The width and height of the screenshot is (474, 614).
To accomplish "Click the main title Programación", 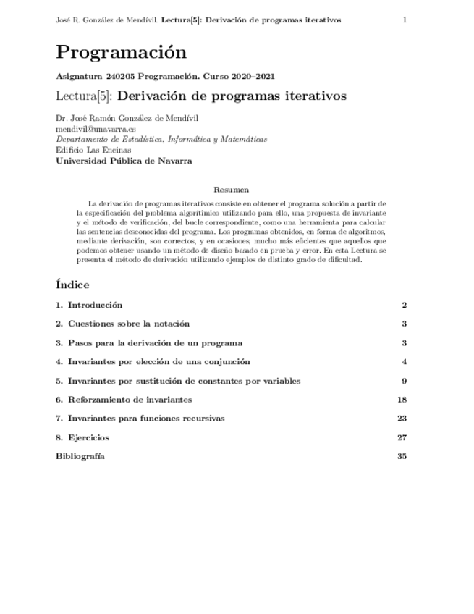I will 121,53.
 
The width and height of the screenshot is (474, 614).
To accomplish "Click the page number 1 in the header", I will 405,20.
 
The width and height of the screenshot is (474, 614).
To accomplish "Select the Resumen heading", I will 237,190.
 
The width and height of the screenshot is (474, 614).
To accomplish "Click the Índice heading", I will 72,284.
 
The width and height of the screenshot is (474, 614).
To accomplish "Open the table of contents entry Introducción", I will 95,306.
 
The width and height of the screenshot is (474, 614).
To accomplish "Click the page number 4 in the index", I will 405,362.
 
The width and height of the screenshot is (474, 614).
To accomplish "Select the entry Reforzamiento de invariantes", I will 130,400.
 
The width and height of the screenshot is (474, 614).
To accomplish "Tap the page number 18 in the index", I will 402,400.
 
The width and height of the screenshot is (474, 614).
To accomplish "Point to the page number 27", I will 402,437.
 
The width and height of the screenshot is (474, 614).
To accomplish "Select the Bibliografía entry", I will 80,456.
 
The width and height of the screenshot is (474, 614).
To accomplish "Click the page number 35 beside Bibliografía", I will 402,456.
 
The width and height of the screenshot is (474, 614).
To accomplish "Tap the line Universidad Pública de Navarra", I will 124,161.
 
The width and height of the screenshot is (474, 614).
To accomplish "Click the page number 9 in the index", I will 405,381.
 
